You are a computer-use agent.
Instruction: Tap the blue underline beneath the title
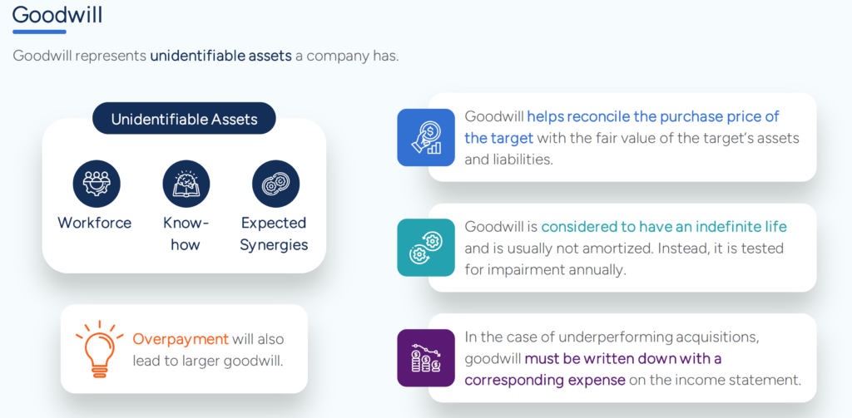point(39,32)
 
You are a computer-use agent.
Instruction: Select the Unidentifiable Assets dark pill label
point(184,119)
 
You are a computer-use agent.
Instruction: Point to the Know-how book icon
point(186,184)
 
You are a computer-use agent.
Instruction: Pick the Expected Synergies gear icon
point(275,184)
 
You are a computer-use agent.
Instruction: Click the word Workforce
point(94,223)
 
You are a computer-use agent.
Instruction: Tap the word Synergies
point(275,244)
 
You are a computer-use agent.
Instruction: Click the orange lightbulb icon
point(99,348)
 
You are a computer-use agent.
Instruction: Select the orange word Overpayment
point(181,339)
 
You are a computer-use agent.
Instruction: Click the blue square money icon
point(426,137)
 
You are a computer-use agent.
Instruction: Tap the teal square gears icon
point(426,248)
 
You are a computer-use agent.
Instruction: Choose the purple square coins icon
point(426,357)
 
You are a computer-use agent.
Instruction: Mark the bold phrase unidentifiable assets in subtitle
point(220,57)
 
